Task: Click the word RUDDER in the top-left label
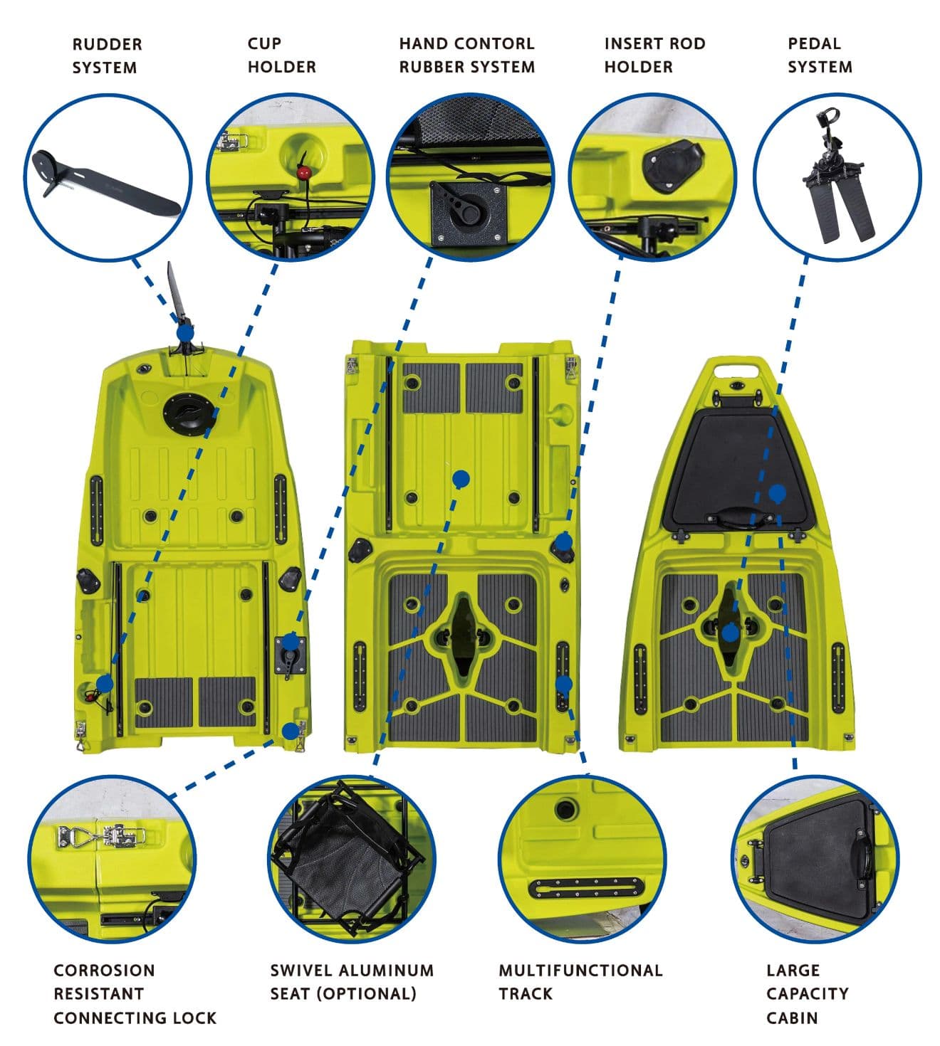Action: [x=107, y=44]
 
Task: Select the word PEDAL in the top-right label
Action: [x=815, y=44]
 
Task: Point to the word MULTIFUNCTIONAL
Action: [x=581, y=971]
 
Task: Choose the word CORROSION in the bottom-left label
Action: [x=105, y=971]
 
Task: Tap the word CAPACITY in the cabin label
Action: [x=808, y=994]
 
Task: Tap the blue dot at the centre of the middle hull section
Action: [x=461, y=479]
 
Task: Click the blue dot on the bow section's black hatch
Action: [x=778, y=494]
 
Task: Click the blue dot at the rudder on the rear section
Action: [x=185, y=334]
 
